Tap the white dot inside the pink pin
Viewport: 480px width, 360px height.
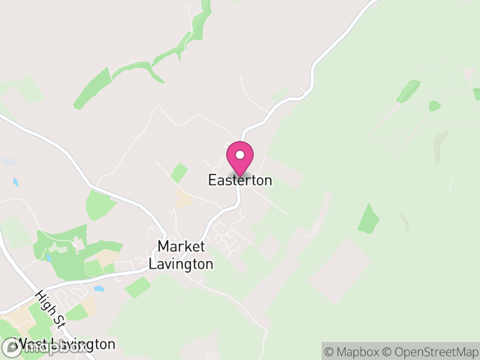[240, 155]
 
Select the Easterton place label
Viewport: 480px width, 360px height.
[240, 180]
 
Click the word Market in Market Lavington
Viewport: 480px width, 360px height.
[181, 246]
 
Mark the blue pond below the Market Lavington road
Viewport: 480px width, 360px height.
[99, 289]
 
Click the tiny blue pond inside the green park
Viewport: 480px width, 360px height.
[47, 258]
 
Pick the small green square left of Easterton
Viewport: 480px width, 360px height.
[179, 173]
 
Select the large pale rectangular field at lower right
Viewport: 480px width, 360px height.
[339, 270]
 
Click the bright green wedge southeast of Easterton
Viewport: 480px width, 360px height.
[368, 220]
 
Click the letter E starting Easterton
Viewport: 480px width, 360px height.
[212, 180]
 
